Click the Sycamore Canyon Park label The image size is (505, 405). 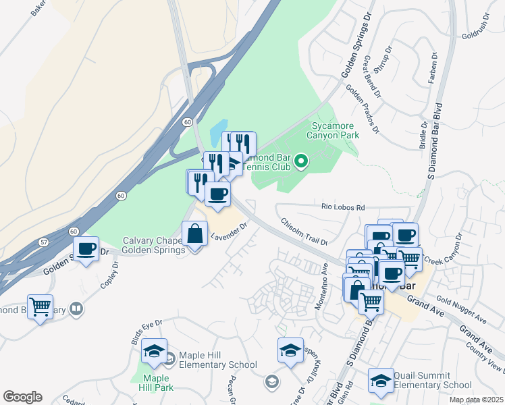334,130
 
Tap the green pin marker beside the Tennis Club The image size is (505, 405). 302,161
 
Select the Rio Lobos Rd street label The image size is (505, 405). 343,207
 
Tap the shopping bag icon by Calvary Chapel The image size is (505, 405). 194,234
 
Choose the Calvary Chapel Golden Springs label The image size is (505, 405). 153,246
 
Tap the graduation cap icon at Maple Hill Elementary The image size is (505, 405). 155,351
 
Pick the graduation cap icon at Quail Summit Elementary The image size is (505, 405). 381,381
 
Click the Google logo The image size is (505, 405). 22,397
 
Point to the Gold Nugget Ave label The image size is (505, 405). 462,309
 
